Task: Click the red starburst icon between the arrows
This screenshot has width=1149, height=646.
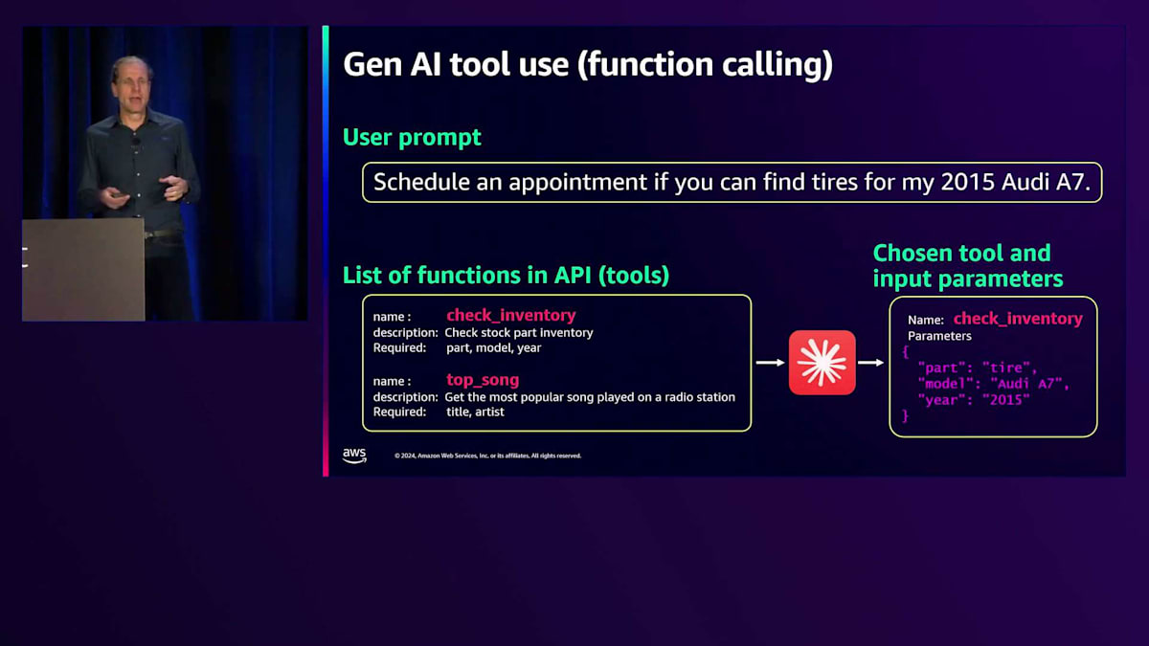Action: [x=822, y=363]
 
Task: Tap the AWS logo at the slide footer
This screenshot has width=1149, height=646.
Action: [x=354, y=456]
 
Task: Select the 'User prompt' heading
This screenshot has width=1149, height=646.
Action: [x=412, y=137]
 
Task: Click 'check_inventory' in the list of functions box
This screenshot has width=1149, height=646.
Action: [x=511, y=315]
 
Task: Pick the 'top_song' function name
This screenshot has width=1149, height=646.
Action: [x=483, y=379]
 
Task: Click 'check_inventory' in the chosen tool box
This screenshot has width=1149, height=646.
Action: [x=1018, y=319]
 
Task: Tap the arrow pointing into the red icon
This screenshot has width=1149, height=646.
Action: [x=771, y=363]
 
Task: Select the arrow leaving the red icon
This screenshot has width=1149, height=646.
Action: [x=871, y=363]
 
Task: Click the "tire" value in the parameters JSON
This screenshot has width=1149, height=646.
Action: [x=1006, y=368]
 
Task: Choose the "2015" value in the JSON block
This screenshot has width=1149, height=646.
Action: [x=1006, y=400]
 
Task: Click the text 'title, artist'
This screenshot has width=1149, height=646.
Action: [x=475, y=412]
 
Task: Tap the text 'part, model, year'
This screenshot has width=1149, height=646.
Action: [x=493, y=347]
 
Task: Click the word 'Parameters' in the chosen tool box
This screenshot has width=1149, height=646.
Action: [x=939, y=336]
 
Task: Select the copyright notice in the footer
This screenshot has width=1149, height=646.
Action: [x=487, y=456]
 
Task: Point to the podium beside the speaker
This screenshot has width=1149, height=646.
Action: [x=83, y=270]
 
